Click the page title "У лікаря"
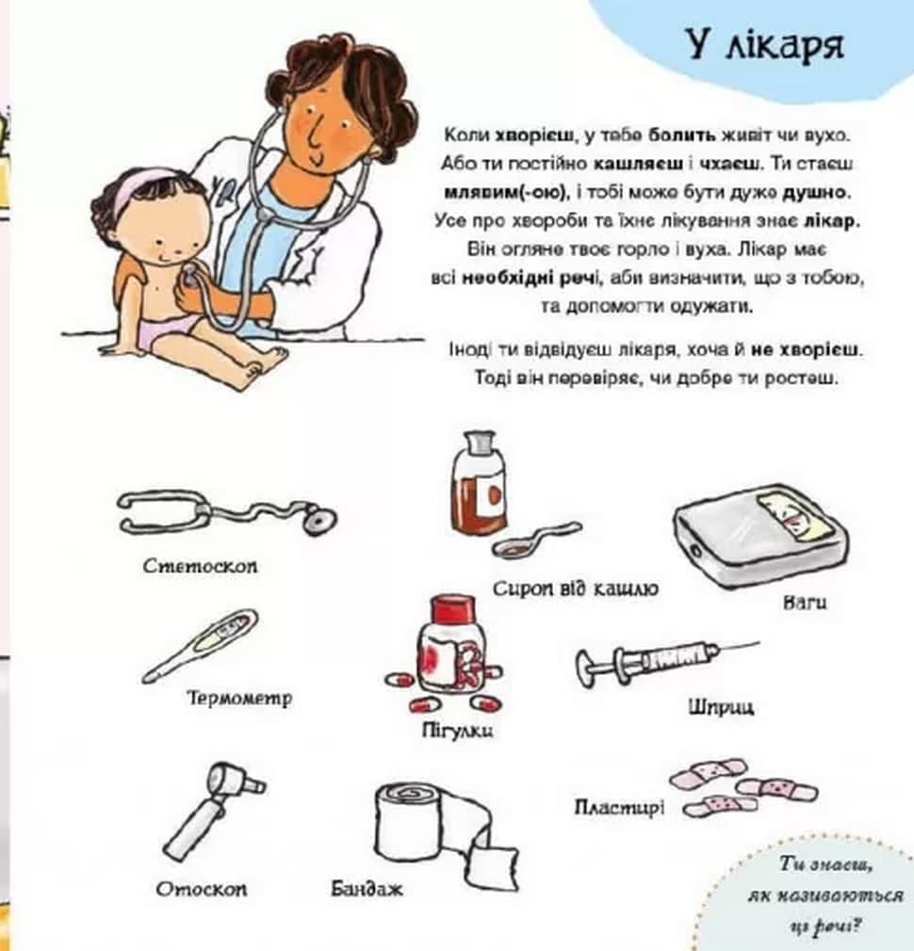pos(765,45)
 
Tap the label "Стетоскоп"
pos(201,566)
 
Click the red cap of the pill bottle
pos(452,605)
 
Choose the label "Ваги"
pos(805,603)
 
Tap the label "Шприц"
pos(721,707)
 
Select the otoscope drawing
pos(212,811)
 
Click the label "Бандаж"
pos(367,889)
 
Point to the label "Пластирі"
pos(619,807)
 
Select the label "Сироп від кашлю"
pos(575,588)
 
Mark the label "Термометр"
pos(239,698)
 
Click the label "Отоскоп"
pos(202,889)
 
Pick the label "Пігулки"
pos(458,731)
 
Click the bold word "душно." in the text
pos(816,192)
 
